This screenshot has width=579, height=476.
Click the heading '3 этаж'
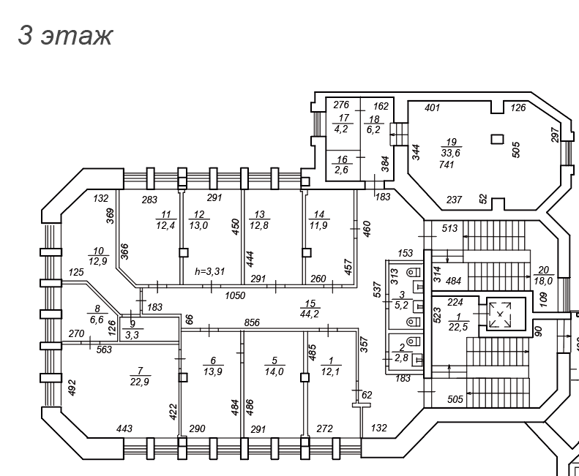65,35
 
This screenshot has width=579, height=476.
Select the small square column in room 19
497,139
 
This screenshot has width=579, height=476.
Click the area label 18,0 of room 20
543,279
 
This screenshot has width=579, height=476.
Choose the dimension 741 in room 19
447,165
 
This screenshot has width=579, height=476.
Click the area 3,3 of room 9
132,335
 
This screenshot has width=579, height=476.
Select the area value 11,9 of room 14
318,225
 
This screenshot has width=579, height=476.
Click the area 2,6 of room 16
342,170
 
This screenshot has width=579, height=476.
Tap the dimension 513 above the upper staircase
449,228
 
